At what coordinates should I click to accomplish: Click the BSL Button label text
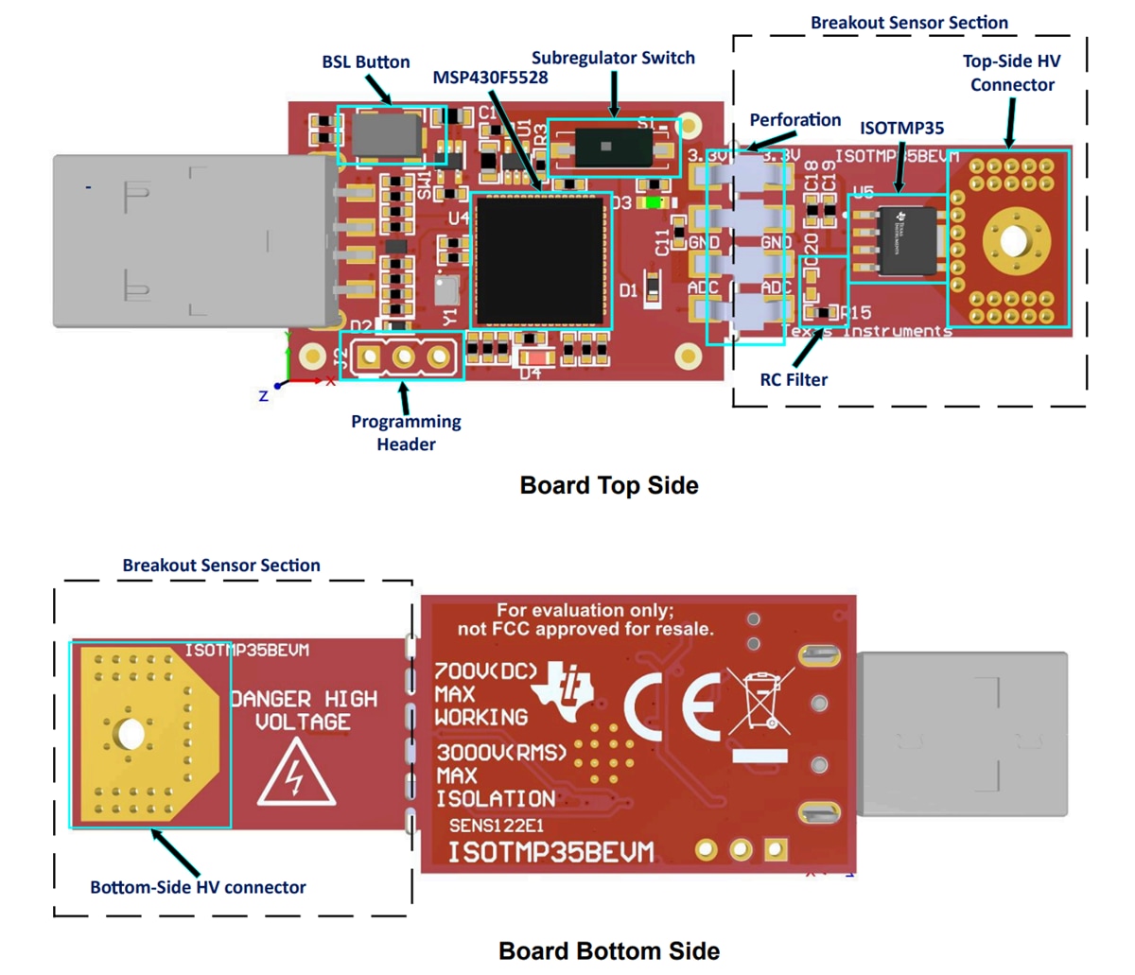coord(366,62)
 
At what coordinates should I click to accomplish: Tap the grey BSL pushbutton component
coord(388,134)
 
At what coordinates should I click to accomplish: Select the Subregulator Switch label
coord(613,59)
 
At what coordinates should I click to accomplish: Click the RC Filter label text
coord(794,380)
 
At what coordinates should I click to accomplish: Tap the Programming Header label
coord(406,433)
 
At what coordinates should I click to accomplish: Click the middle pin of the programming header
coord(404,357)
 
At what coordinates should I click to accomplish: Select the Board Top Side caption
coord(609,486)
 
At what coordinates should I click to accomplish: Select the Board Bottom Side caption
coord(609,951)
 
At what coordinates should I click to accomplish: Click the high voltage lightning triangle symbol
coord(297,774)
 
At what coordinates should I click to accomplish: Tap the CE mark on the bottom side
coord(672,707)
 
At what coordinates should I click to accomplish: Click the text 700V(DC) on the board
coord(485,672)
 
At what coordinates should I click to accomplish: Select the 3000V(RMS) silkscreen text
coord(502,754)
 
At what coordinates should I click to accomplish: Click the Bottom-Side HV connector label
coord(198,888)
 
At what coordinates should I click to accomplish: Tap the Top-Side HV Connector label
coord(1011,73)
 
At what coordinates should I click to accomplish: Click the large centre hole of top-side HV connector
coord(1012,239)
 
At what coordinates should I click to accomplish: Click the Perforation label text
coord(795,120)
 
